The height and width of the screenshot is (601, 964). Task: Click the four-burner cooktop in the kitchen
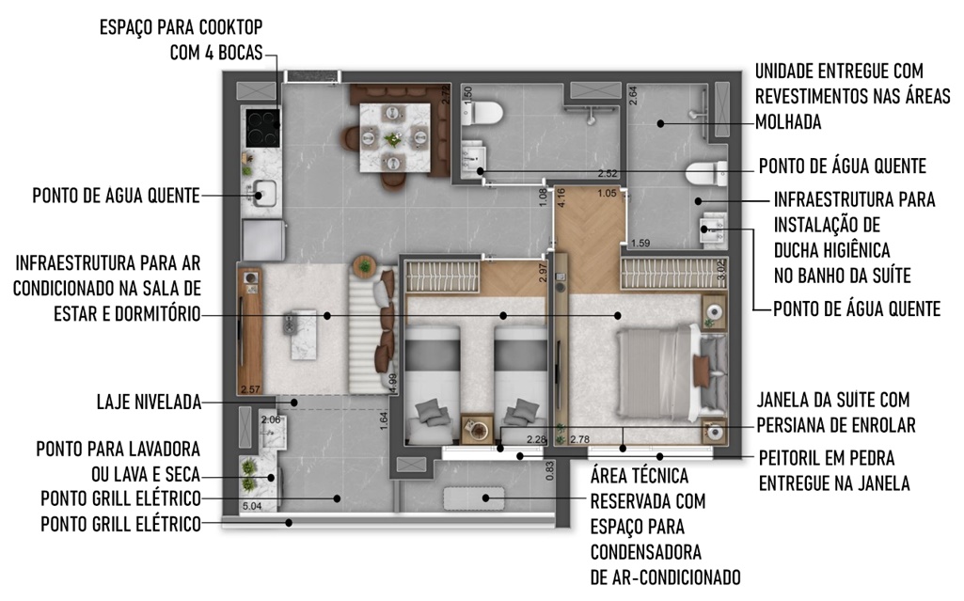pyautogui.click(x=263, y=127)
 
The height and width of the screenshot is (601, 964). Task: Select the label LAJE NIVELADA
pyautogui.click(x=150, y=403)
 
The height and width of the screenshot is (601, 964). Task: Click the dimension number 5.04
pyautogui.click(x=252, y=506)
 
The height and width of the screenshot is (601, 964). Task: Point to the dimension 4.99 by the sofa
pyautogui.click(x=393, y=383)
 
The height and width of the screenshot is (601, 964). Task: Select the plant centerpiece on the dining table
pyautogui.click(x=392, y=139)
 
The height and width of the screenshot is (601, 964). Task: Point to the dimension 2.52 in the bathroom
pyautogui.click(x=608, y=174)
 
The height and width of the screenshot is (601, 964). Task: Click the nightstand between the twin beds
pyautogui.click(x=477, y=428)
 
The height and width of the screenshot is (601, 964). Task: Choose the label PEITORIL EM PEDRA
pyautogui.click(x=827, y=458)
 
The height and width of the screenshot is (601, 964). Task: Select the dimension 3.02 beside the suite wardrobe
pyautogui.click(x=721, y=270)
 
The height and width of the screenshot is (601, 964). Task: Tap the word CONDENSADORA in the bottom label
pyautogui.click(x=645, y=552)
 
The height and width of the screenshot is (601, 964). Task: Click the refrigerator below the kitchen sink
pyautogui.click(x=263, y=240)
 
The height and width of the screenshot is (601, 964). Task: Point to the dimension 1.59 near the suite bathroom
pyautogui.click(x=640, y=244)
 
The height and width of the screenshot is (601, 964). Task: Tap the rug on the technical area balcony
pyautogui.click(x=474, y=498)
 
